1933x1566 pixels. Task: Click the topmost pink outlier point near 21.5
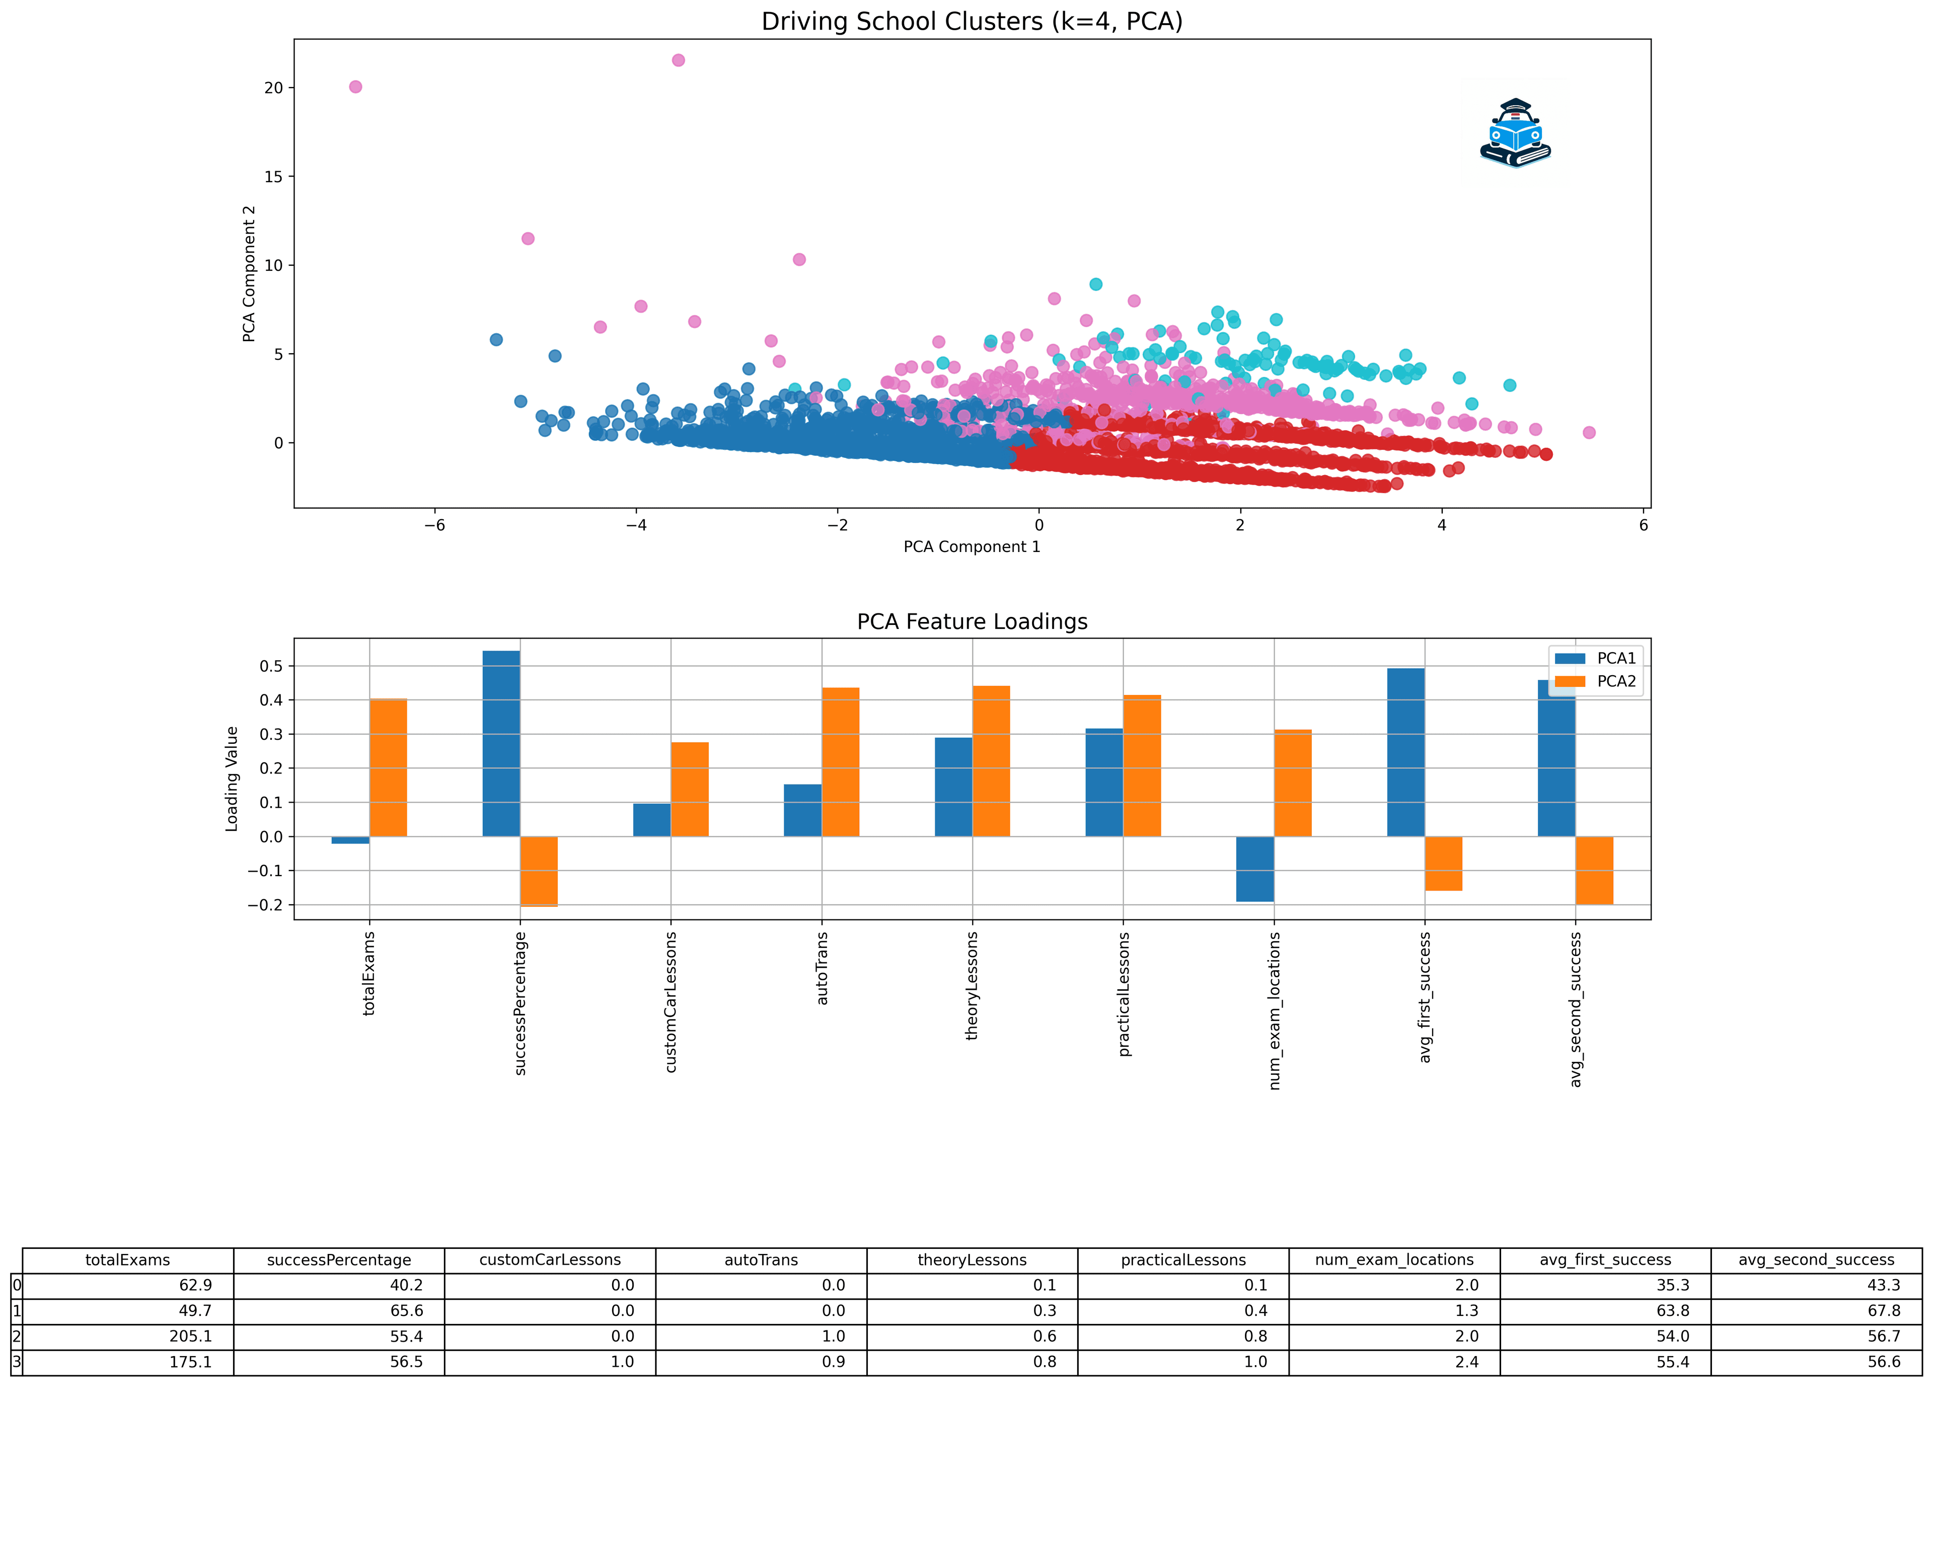coord(679,60)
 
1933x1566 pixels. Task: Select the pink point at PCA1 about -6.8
coord(355,87)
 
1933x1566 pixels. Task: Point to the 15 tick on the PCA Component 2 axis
coord(273,177)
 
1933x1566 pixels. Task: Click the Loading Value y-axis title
coord(232,778)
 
